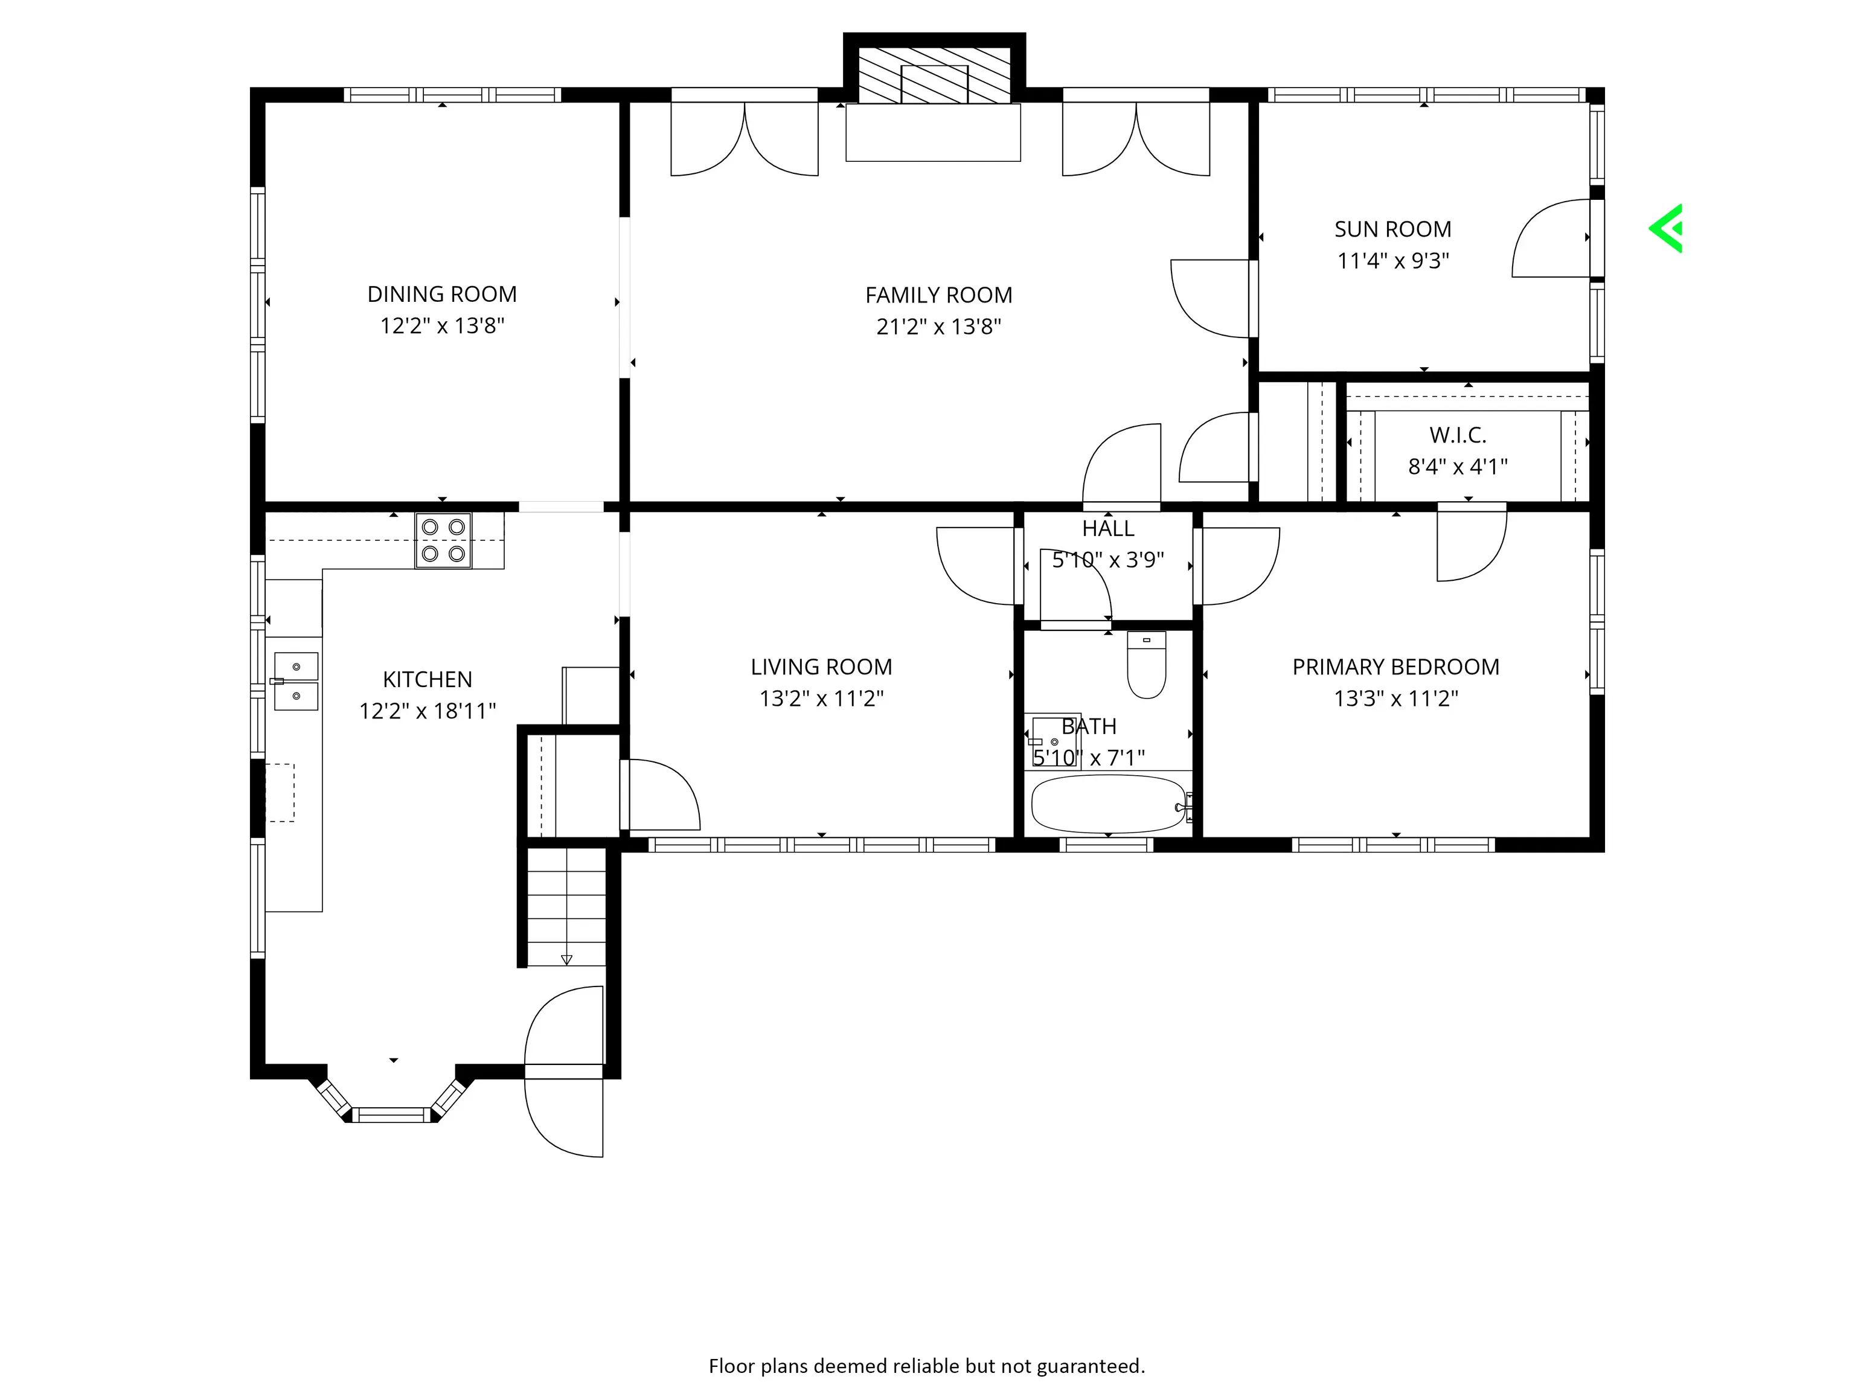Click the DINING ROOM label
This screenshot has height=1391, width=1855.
(x=442, y=294)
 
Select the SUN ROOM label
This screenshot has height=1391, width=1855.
(x=1393, y=229)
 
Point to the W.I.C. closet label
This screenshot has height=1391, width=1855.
(x=1458, y=435)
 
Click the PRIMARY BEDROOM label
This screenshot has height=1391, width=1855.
(x=1395, y=667)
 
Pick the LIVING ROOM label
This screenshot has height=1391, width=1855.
(x=821, y=667)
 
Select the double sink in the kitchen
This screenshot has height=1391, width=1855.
(x=296, y=681)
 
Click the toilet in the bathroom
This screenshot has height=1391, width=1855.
(x=1146, y=664)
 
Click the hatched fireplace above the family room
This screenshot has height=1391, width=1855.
(x=934, y=74)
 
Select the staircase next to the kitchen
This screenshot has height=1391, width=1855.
(x=566, y=906)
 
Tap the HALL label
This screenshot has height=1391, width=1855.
(x=1108, y=528)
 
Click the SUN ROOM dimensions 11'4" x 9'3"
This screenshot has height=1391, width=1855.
(x=1393, y=261)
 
